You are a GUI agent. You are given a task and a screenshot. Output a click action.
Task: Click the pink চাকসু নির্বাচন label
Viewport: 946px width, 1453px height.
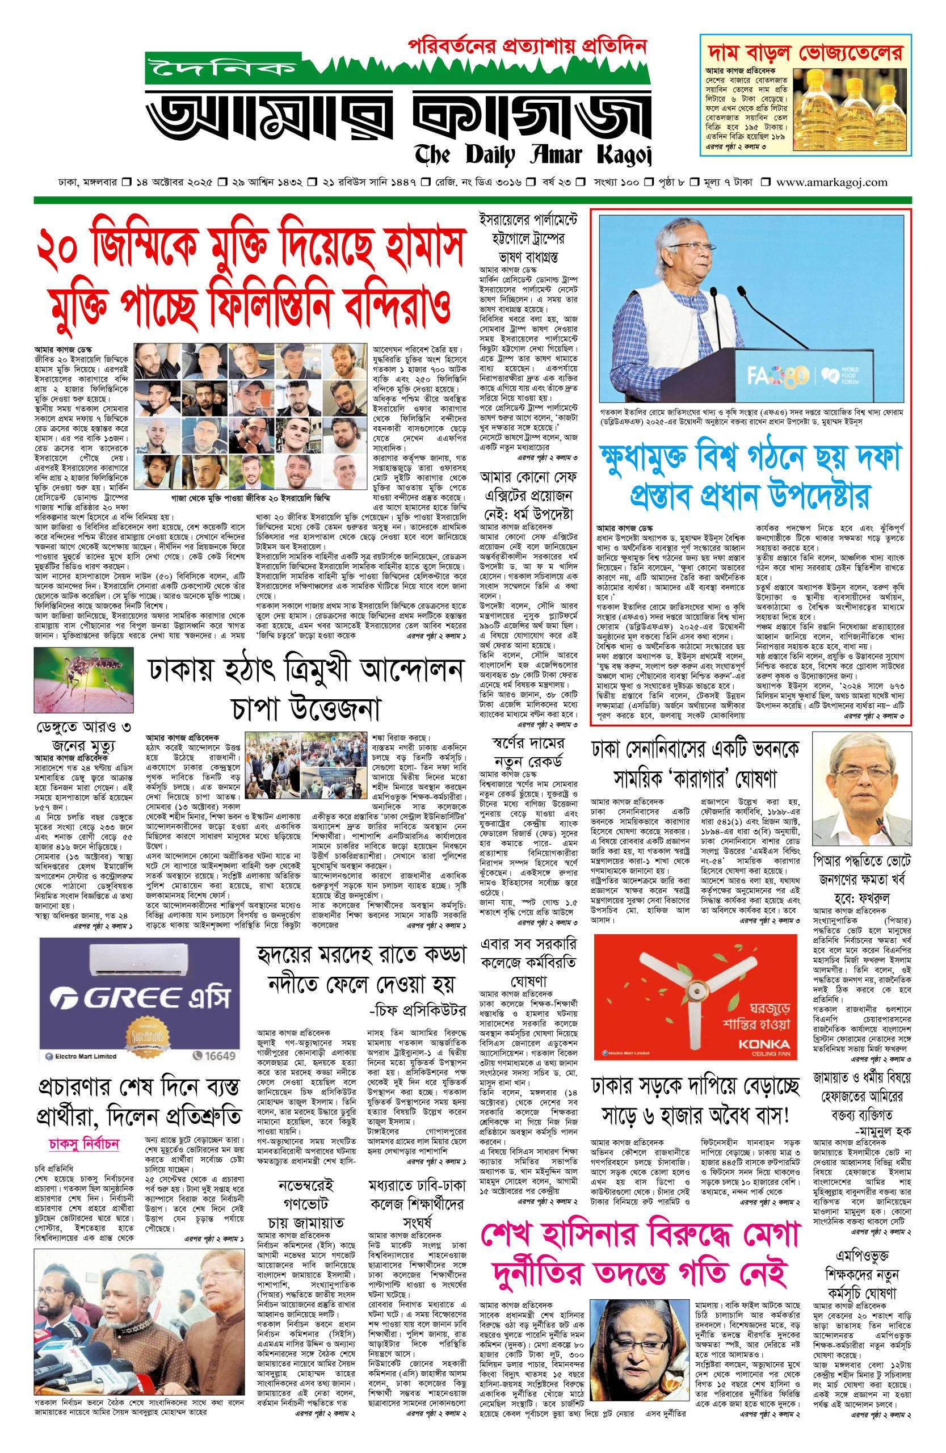click(x=83, y=1144)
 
